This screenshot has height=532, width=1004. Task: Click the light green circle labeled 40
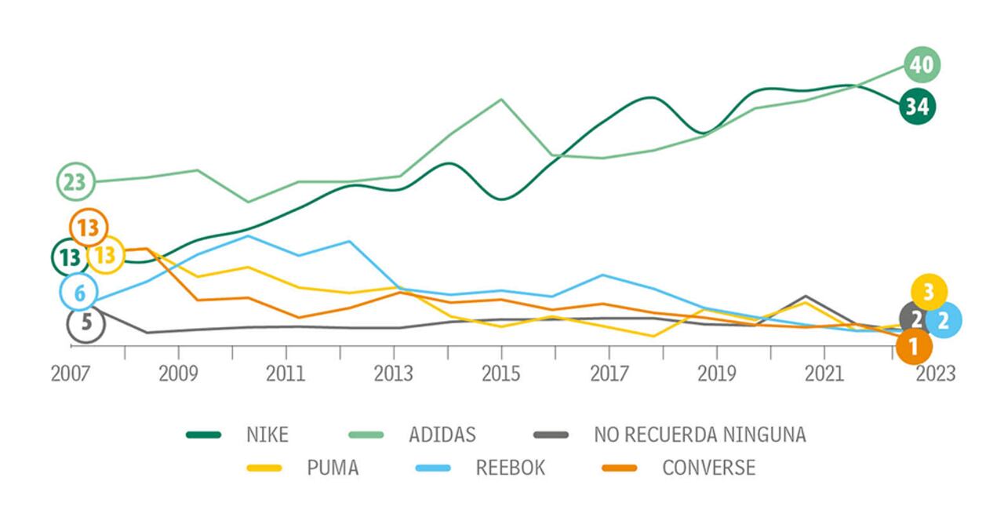(x=922, y=64)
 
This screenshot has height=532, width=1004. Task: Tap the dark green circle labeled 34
(x=917, y=105)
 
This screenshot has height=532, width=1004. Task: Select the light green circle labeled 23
(x=75, y=182)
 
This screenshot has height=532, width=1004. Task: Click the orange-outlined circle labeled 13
(x=89, y=228)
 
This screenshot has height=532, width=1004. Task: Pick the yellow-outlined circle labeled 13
(x=106, y=255)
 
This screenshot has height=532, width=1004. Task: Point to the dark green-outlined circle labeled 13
(x=70, y=257)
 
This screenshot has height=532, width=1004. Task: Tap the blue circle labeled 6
(x=78, y=293)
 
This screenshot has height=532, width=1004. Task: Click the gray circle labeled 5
(x=85, y=323)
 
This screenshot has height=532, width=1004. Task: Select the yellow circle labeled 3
(x=929, y=293)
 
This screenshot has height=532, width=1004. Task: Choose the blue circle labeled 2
(x=944, y=320)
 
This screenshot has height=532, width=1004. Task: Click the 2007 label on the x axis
(x=71, y=373)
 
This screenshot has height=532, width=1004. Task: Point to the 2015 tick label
(x=500, y=373)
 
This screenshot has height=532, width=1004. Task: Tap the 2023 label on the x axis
(x=936, y=373)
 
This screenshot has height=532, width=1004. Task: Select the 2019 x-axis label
(x=716, y=373)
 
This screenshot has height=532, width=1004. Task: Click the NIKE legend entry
(x=267, y=434)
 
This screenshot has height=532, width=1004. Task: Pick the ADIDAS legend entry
(x=442, y=434)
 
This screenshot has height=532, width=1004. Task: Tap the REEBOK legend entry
(x=510, y=468)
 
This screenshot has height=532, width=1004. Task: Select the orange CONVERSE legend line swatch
(x=620, y=468)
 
